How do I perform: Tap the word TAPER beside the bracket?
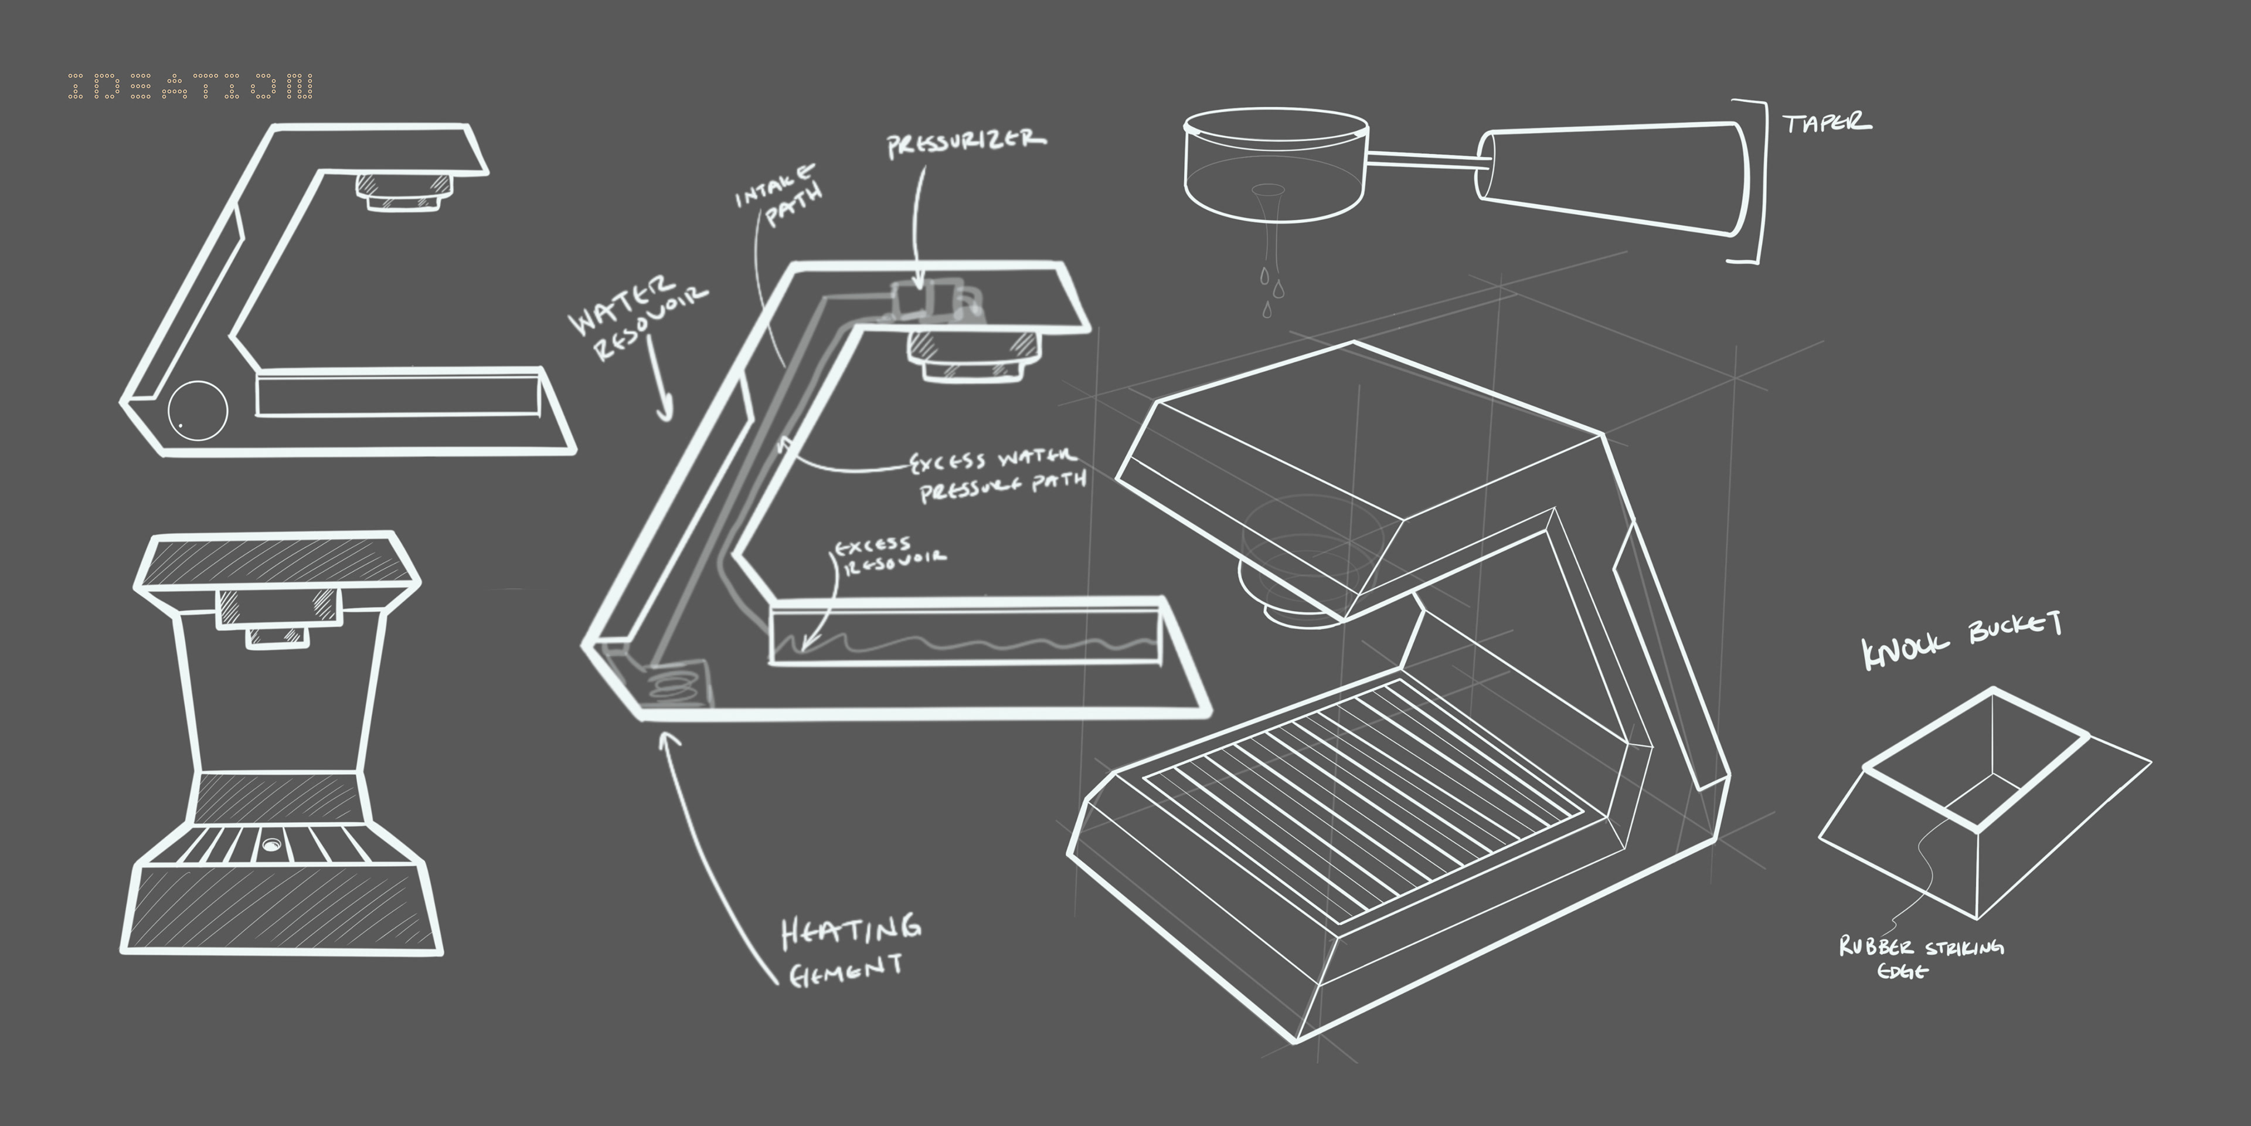(1827, 123)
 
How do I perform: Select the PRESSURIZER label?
(965, 143)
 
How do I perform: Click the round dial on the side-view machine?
(198, 409)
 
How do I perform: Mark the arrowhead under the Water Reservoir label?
(666, 411)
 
